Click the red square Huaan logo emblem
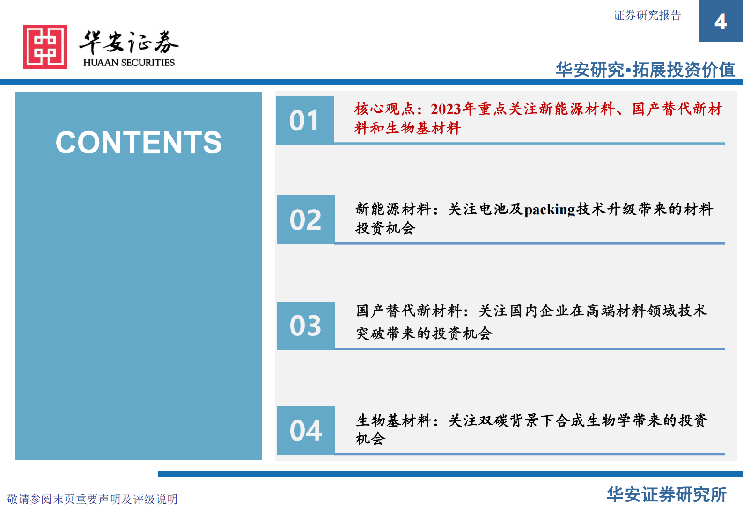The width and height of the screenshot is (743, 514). click(x=45, y=47)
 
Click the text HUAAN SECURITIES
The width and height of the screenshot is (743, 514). click(x=129, y=63)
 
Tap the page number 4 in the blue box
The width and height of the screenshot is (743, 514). click(x=721, y=22)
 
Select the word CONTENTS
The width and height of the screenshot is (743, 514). click(x=139, y=142)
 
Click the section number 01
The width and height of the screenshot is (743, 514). click(x=305, y=121)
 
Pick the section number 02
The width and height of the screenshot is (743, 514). click(x=305, y=220)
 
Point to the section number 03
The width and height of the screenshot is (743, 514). click(x=305, y=326)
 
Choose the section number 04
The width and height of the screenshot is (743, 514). click(x=306, y=430)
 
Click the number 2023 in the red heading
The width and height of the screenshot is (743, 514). click(x=446, y=109)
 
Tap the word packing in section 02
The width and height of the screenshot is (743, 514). click(x=549, y=210)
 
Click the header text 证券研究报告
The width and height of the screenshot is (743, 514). click(x=647, y=15)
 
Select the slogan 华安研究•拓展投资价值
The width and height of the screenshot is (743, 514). click(x=645, y=70)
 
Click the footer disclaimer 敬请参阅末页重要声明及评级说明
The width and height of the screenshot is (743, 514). click(x=92, y=499)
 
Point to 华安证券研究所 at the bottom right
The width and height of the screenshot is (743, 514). click(x=666, y=494)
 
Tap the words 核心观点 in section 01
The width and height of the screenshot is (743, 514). click(x=384, y=109)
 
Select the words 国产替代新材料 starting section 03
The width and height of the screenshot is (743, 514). click(x=409, y=311)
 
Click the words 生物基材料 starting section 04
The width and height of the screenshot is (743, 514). click(x=393, y=420)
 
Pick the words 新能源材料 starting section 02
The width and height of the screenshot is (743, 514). click(x=393, y=209)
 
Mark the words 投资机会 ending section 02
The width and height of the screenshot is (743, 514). click(x=385, y=228)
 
